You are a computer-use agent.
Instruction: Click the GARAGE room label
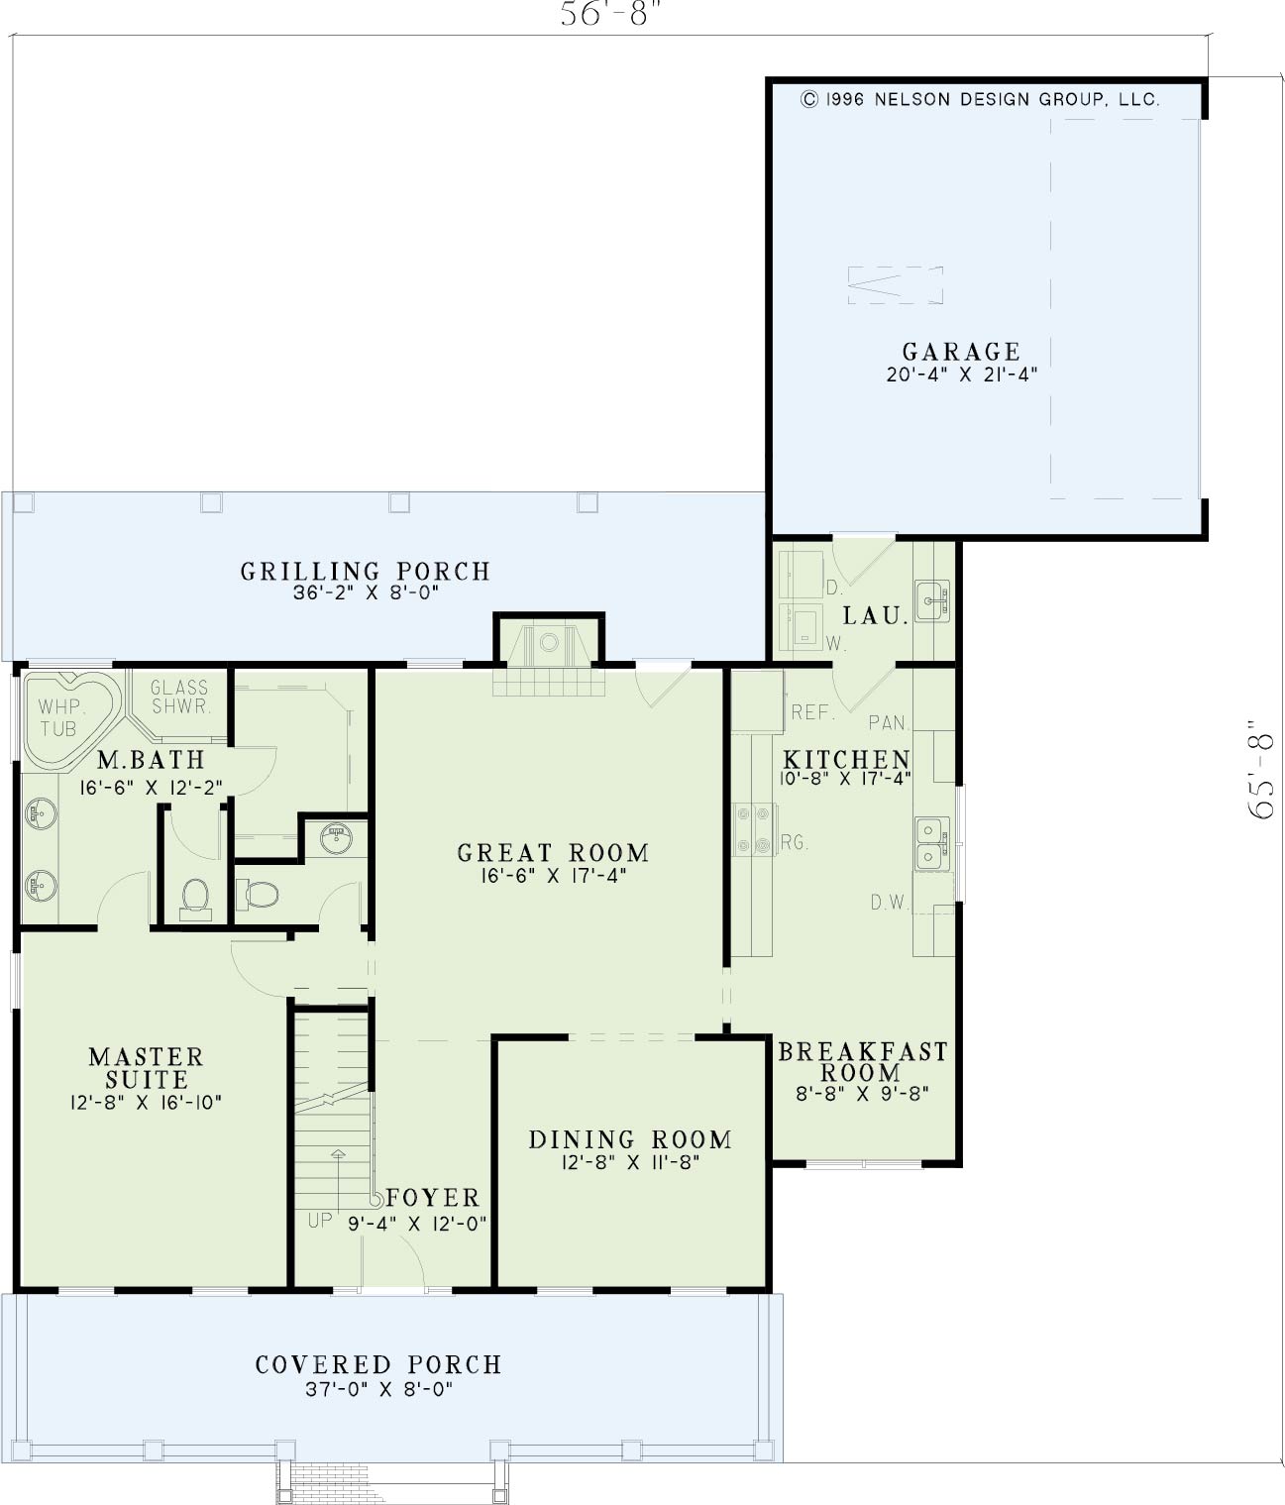[x=961, y=352]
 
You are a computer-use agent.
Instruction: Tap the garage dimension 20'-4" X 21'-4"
[x=961, y=375]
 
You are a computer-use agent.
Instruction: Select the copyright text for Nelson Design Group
[x=980, y=99]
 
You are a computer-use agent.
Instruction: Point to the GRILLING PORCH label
[x=366, y=572]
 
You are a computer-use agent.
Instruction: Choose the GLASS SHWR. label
[x=180, y=697]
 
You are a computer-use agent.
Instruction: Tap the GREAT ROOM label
[x=553, y=853]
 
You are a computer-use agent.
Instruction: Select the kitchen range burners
[x=754, y=829]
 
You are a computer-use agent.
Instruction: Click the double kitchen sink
[x=932, y=843]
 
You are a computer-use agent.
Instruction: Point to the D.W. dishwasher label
[x=890, y=903]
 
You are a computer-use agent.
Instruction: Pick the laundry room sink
[x=932, y=600]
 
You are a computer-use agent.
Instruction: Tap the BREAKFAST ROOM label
[x=863, y=1061]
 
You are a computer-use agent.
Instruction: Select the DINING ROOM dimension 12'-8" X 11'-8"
[x=630, y=1163]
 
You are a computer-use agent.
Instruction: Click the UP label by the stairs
[x=320, y=1220]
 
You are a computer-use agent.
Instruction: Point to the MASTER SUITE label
[x=147, y=1068]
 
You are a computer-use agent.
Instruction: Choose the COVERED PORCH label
[x=378, y=1364]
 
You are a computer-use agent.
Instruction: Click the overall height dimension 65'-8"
[x=1261, y=770]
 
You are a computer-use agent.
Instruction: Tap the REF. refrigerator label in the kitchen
[x=812, y=712]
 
